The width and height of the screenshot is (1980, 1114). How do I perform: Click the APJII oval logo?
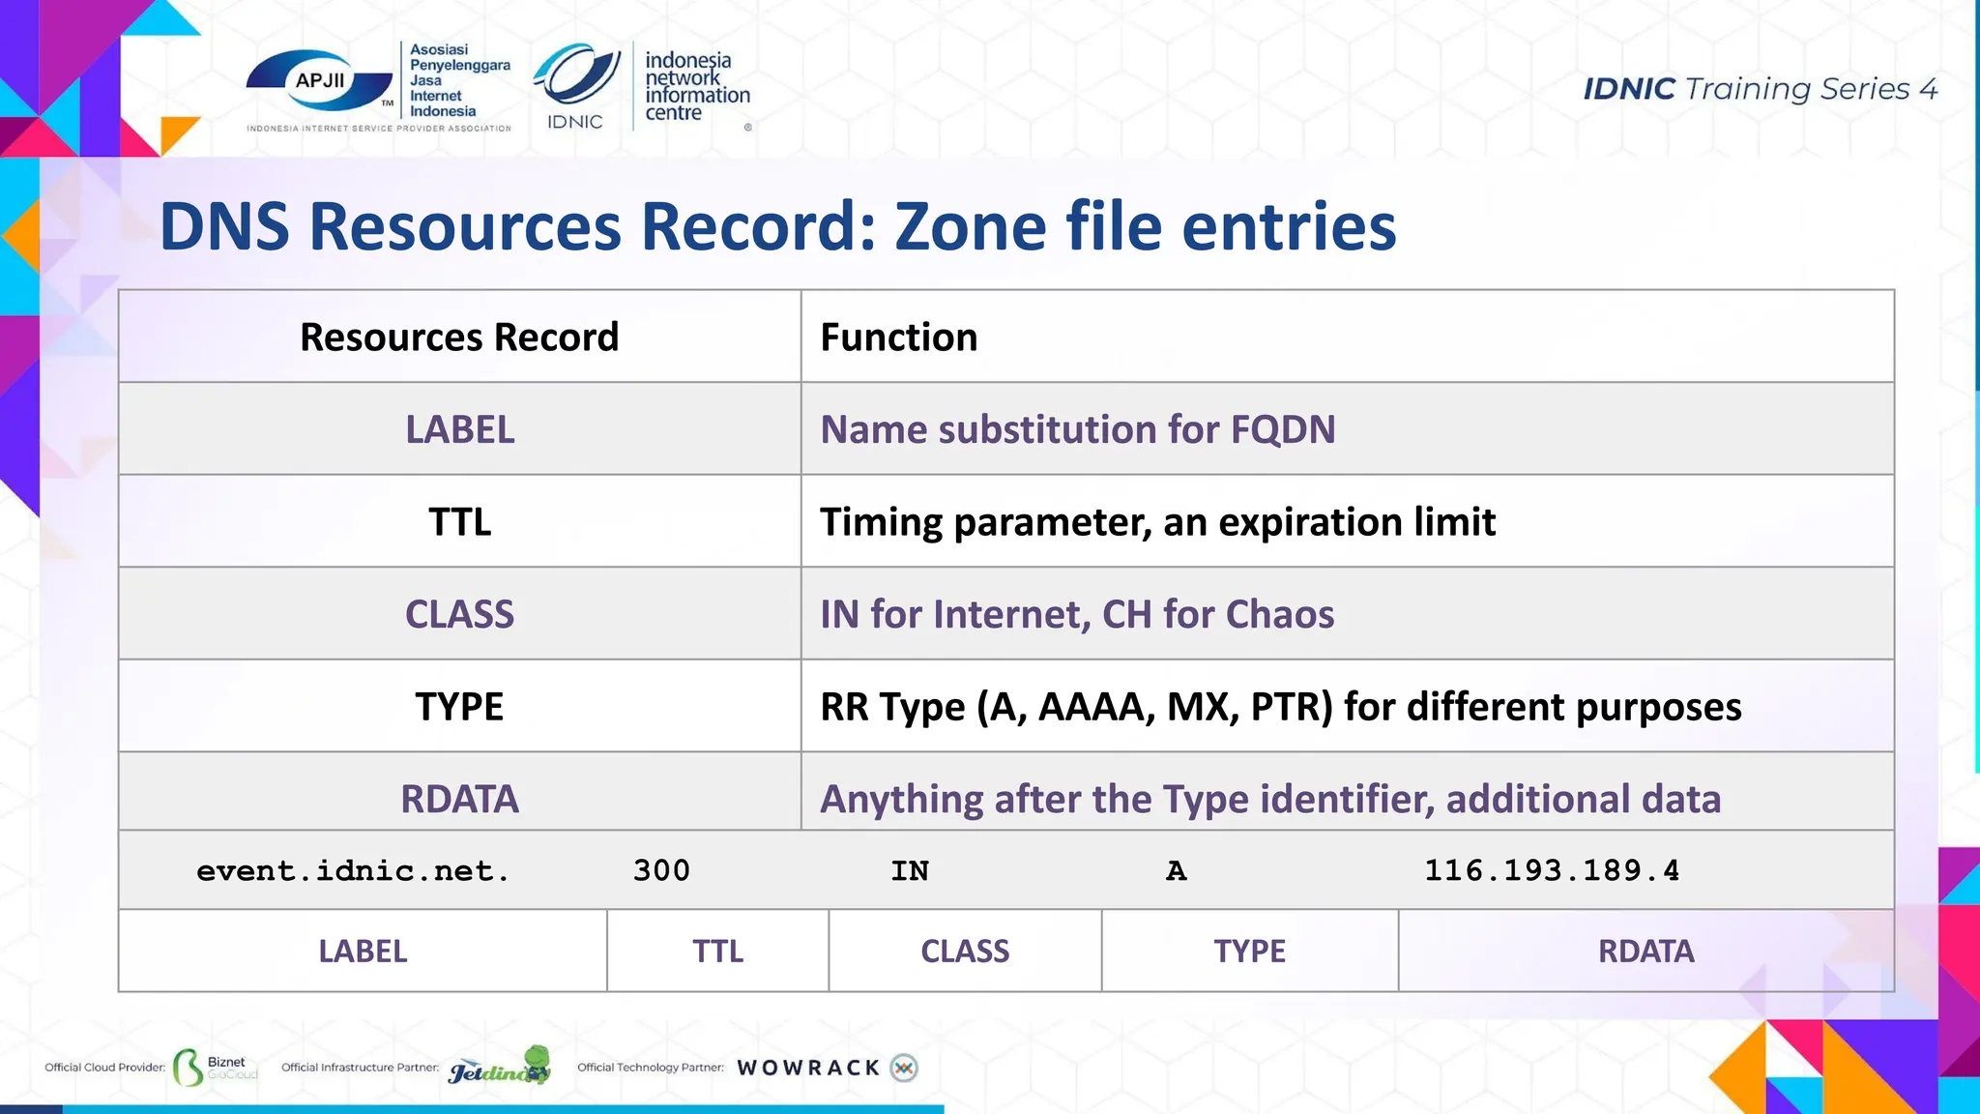pyautogui.click(x=320, y=81)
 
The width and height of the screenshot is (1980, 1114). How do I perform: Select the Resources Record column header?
pyautogui.click(x=459, y=337)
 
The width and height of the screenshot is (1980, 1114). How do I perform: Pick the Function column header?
pyautogui.click(x=899, y=337)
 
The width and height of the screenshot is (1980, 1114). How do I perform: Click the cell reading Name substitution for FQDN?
pyautogui.click(x=1078, y=429)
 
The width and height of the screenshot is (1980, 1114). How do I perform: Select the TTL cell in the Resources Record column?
pyautogui.click(x=459, y=522)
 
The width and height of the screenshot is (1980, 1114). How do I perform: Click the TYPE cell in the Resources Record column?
pyautogui.click(x=459, y=707)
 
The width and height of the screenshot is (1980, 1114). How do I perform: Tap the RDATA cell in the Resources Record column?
pyautogui.click(x=459, y=799)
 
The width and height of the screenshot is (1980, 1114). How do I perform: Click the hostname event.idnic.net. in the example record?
pyautogui.click(x=353, y=870)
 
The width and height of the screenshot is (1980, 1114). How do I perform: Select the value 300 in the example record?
pyautogui.click(x=661, y=870)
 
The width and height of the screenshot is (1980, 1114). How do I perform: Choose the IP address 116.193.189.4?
pyautogui.click(x=1552, y=870)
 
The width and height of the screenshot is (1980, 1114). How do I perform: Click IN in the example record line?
pyautogui.click(x=910, y=870)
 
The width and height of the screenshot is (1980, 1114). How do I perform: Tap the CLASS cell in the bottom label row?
pyautogui.click(x=965, y=952)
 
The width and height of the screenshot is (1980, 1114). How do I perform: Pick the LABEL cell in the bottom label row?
pyautogui.click(x=363, y=952)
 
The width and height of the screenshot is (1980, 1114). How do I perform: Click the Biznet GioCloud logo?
pyautogui.click(x=216, y=1067)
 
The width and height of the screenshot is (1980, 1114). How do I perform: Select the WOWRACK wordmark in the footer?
pyautogui.click(x=808, y=1068)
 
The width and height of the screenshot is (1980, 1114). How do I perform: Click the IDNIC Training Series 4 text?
pyautogui.click(x=1760, y=89)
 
